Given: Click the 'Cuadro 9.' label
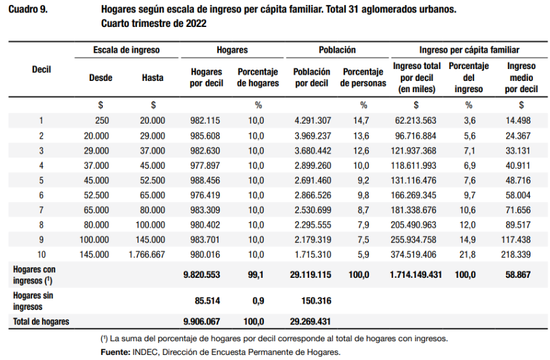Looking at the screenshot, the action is click(28, 9).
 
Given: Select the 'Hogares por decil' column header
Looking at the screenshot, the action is click(206, 78).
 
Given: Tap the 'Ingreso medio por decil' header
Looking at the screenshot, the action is click(521, 78).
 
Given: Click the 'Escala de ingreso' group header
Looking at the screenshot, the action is click(126, 50).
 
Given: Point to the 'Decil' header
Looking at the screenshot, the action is click(41, 70).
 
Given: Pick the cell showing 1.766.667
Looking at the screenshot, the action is click(147, 255).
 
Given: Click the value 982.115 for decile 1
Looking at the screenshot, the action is click(205, 120).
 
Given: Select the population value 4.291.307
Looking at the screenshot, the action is click(312, 120).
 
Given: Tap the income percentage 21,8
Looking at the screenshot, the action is click(467, 255).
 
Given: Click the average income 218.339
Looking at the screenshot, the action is click(516, 255).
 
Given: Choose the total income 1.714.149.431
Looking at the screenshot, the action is click(416, 275).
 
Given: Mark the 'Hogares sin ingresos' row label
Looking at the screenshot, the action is click(33, 301).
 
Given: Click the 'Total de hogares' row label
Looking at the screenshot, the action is click(41, 321).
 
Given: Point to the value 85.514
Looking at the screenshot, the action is click(208, 300).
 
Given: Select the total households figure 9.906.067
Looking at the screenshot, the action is click(202, 321).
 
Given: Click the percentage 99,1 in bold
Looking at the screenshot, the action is click(256, 275).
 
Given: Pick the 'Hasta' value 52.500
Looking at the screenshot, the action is click(152, 181).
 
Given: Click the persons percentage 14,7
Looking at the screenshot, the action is click(361, 120).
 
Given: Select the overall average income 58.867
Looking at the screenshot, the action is click(518, 275).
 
